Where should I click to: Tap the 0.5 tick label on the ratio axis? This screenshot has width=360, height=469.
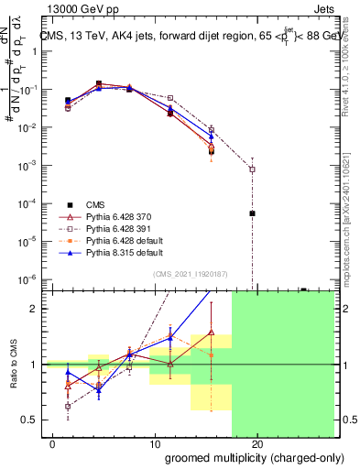tap(29, 420)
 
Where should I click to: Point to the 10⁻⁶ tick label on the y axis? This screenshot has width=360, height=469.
tap(27, 278)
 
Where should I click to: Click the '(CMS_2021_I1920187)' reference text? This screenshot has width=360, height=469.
tap(190, 274)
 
